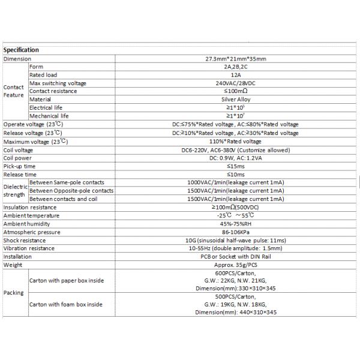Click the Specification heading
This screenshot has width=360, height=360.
[21, 50]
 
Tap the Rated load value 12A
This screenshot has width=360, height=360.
[235, 75]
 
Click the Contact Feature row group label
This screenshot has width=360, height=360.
[14, 91]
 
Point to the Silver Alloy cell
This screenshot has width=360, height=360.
[235, 100]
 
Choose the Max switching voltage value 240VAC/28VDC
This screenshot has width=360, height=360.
[235, 83]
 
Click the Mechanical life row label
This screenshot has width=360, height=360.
[49, 116]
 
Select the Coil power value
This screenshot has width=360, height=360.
[235, 157]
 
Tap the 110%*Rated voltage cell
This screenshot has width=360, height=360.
[235, 141]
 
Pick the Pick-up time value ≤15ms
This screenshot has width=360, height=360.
[235, 166]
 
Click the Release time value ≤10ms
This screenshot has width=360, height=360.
[235, 174]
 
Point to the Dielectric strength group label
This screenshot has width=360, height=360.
[15, 190]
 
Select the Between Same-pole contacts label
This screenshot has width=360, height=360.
[67, 182]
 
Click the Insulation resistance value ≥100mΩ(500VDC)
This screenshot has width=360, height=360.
[235, 207]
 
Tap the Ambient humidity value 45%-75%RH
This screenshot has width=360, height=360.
[235, 223]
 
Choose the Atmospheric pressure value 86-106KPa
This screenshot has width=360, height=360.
[235, 232]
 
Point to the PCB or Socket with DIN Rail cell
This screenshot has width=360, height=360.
[235, 256]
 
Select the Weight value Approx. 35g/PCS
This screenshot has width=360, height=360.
[235, 265]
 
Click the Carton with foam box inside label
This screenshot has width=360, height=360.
[66, 304]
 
